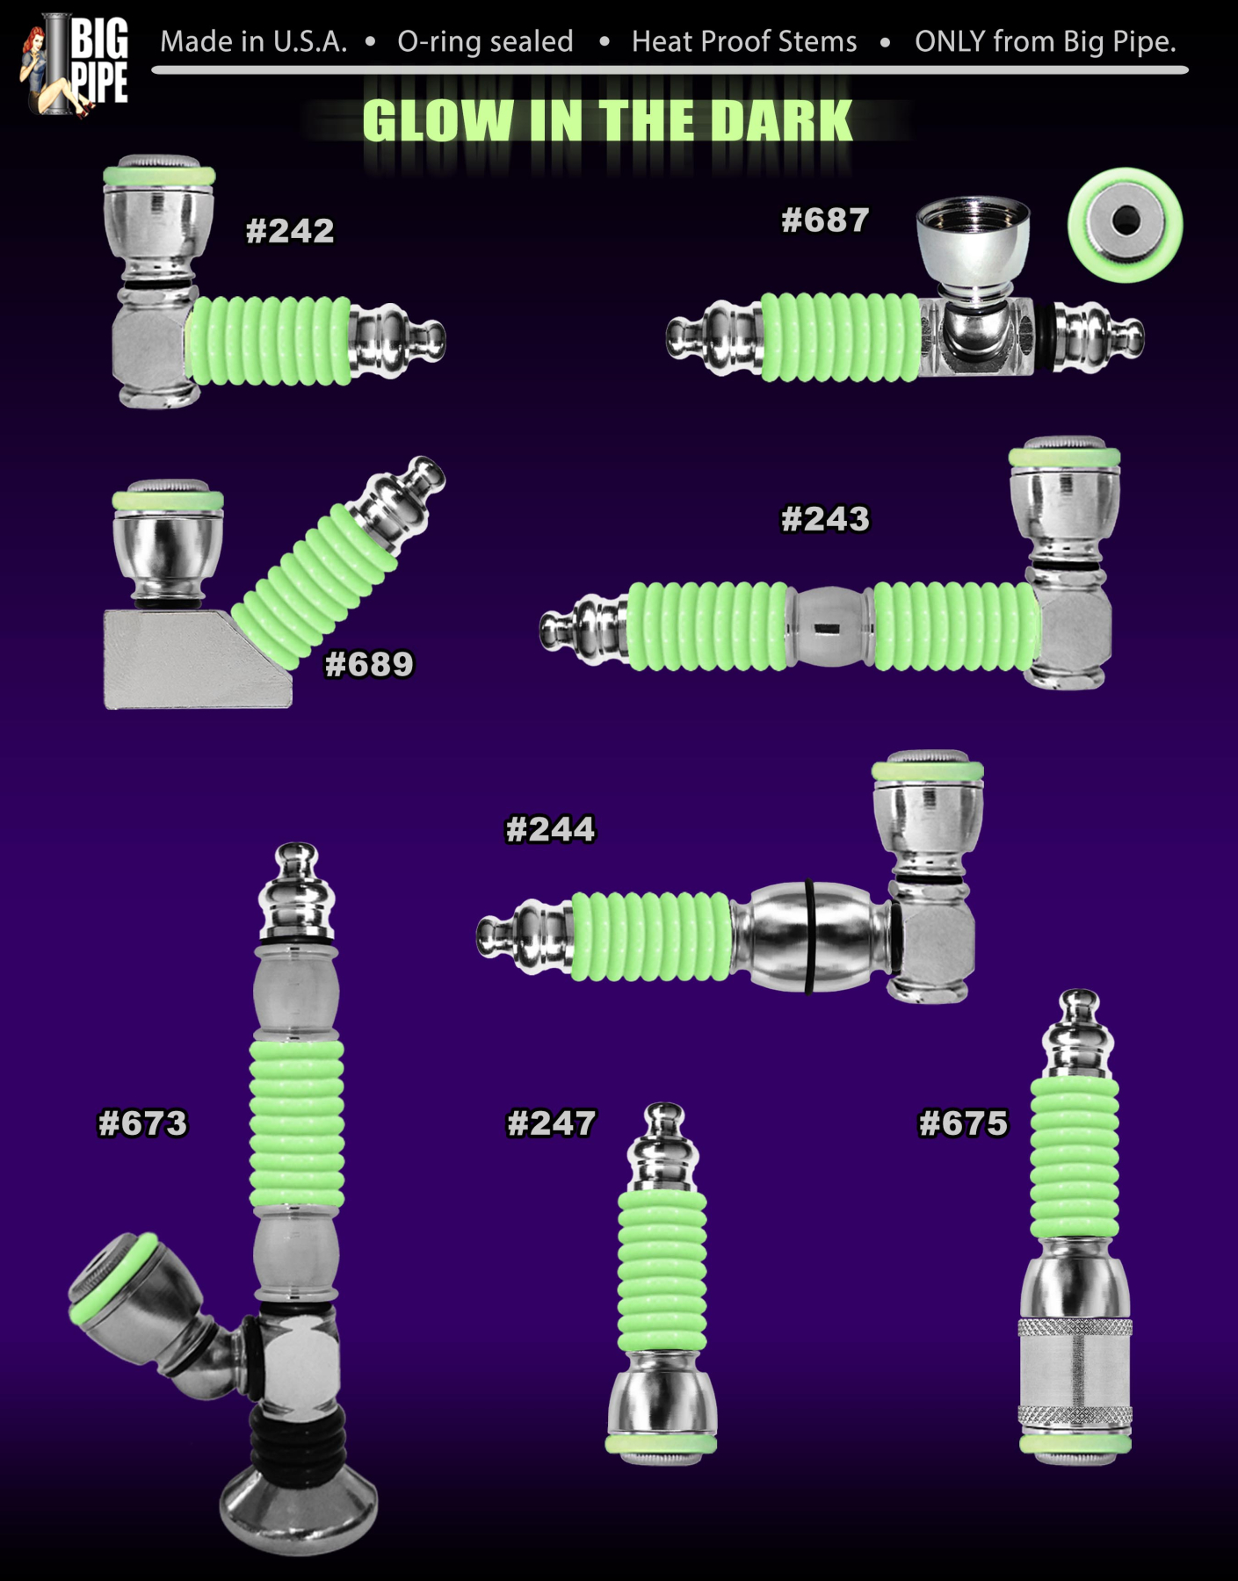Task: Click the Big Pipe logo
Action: tap(76, 65)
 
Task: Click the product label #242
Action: tap(290, 231)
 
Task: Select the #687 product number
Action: tap(825, 220)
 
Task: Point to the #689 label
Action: tap(369, 664)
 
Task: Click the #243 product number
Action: tap(825, 519)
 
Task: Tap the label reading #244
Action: tap(550, 829)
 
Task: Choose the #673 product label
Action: tap(142, 1123)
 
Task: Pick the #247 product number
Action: tap(551, 1123)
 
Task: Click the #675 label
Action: tap(963, 1123)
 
